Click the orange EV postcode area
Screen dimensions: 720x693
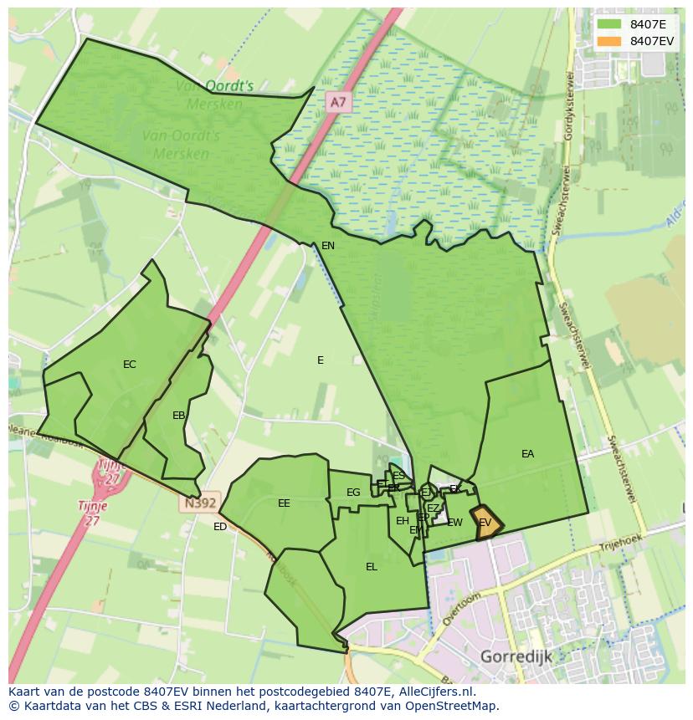click(486, 523)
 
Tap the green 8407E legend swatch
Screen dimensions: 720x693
click(608, 23)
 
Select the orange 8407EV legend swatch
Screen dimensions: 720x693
click(608, 40)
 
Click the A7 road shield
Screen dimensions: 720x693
click(336, 102)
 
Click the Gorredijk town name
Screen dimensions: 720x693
click(516, 656)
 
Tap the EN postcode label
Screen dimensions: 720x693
click(328, 246)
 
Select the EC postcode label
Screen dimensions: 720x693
click(129, 365)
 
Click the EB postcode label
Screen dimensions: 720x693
click(178, 416)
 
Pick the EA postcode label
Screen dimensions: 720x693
click(527, 454)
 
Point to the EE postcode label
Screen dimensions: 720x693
click(284, 503)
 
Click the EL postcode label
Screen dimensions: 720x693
click(372, 567)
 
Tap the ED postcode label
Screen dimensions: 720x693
click(220, 527)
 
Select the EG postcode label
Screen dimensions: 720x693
click(353, 493)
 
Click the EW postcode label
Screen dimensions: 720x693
click(454, 523)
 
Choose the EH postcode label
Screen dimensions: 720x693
click(403, 521)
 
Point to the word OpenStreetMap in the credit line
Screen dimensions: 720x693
click(449, 706)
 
